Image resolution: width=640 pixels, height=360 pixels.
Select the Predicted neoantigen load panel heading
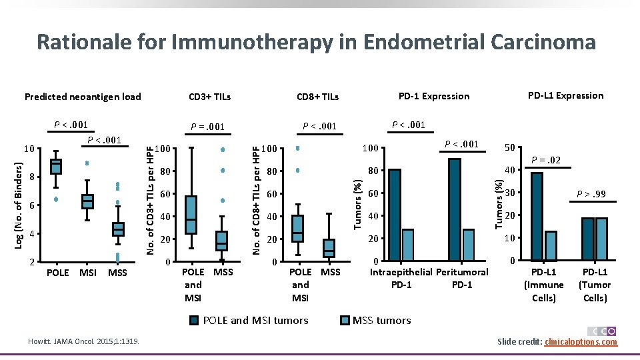click(83, 97)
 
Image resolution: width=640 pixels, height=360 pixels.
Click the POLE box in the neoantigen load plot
click(57, 167)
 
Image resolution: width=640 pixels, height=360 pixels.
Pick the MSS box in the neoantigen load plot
click(118, 229)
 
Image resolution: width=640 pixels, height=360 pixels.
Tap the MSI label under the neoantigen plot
click(87, 273)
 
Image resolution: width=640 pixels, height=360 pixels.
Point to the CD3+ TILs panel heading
click(210, 97)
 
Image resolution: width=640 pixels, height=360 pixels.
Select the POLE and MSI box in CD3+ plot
click(191, 215)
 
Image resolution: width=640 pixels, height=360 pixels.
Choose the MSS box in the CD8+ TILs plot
click(329, 248)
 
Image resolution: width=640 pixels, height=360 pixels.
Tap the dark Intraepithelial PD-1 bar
click(395, 215)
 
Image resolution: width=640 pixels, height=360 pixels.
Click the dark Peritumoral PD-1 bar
click(455, 209)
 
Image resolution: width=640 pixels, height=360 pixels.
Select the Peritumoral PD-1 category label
click(462, 279)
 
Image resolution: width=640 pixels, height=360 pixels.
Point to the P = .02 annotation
click(545, 159)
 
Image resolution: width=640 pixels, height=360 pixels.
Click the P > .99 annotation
click(592, 193)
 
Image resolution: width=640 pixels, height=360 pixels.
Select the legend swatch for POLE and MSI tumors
click(194, 321)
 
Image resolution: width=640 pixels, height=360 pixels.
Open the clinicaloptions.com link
click(581, 342)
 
